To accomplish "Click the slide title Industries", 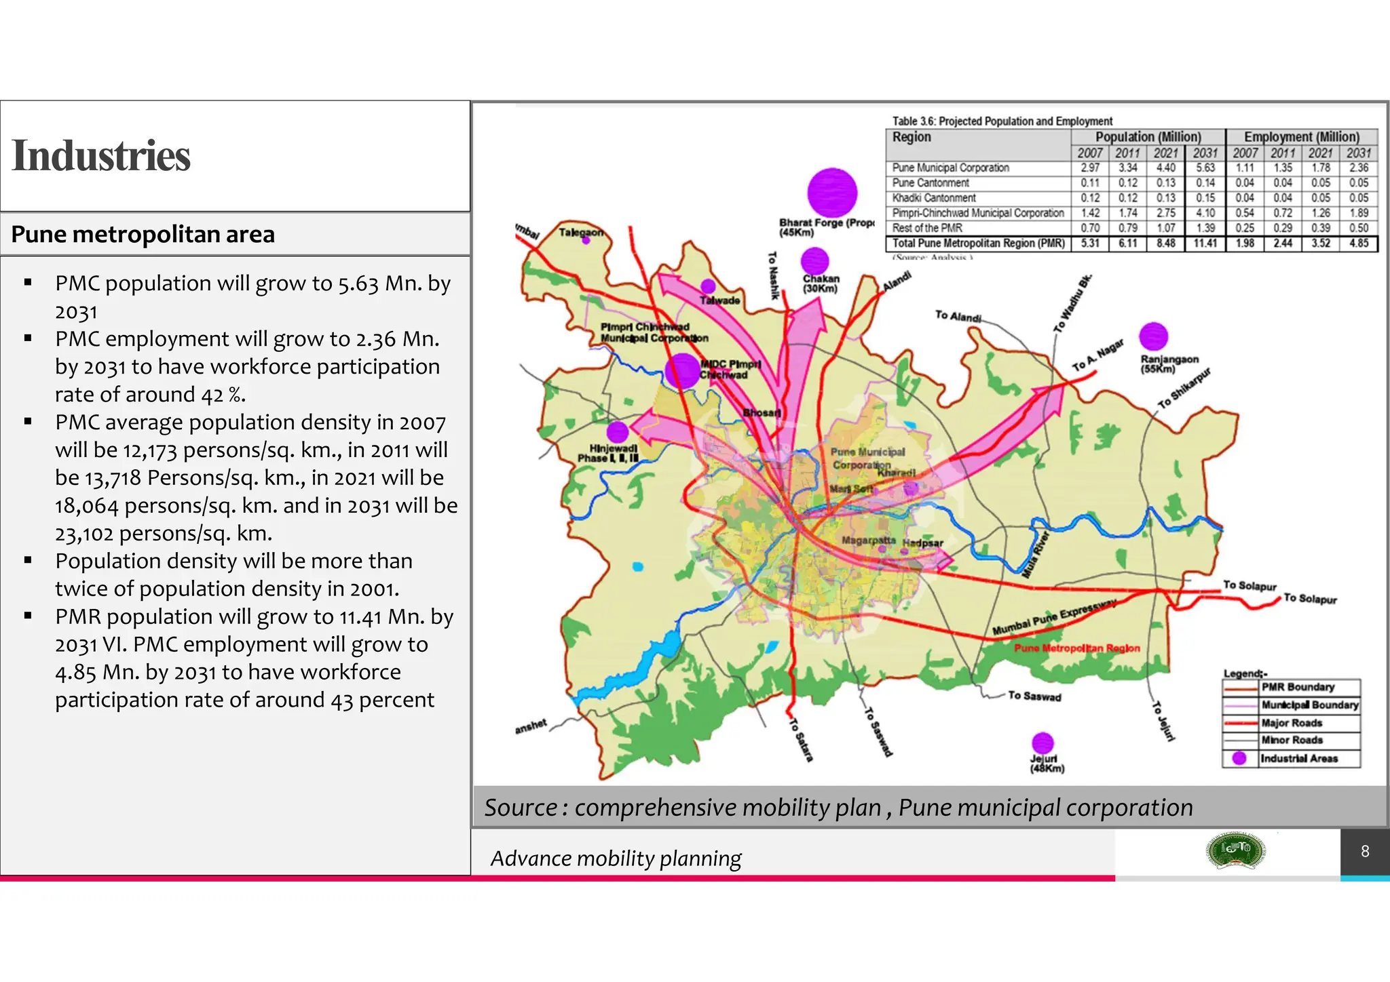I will (101, 156).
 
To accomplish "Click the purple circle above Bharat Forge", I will (832, 193).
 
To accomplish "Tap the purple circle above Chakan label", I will (814, 261).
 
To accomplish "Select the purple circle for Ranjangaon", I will (1153, 336).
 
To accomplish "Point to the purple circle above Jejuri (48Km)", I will (1042, 743).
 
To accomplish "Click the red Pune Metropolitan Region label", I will (1076, 648).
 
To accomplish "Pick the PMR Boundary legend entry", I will (1297, 687).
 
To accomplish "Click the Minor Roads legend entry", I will (1292, 740).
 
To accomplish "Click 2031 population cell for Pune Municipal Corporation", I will (1205, 168).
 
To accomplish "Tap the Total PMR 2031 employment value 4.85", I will (1359, 243).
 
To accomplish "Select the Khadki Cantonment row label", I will (934, 198).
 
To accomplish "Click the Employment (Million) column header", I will (1301, 137).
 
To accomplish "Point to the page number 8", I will (1365, 851).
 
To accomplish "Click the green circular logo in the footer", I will (1235, 850).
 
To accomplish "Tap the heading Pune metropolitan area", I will (143, 235).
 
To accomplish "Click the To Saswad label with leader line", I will (1034, 696).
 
